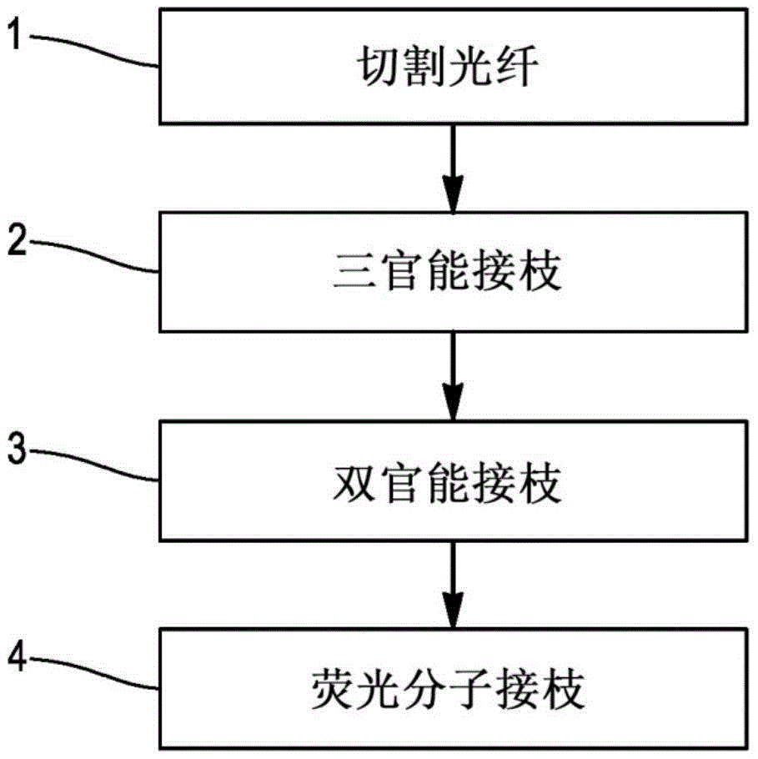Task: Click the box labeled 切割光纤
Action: coord(451,66)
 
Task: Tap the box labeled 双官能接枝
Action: coord(451,482)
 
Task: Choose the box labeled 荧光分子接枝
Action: coord(451,688)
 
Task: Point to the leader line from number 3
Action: coord(92,465)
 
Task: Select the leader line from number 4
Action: coord(92,674)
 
